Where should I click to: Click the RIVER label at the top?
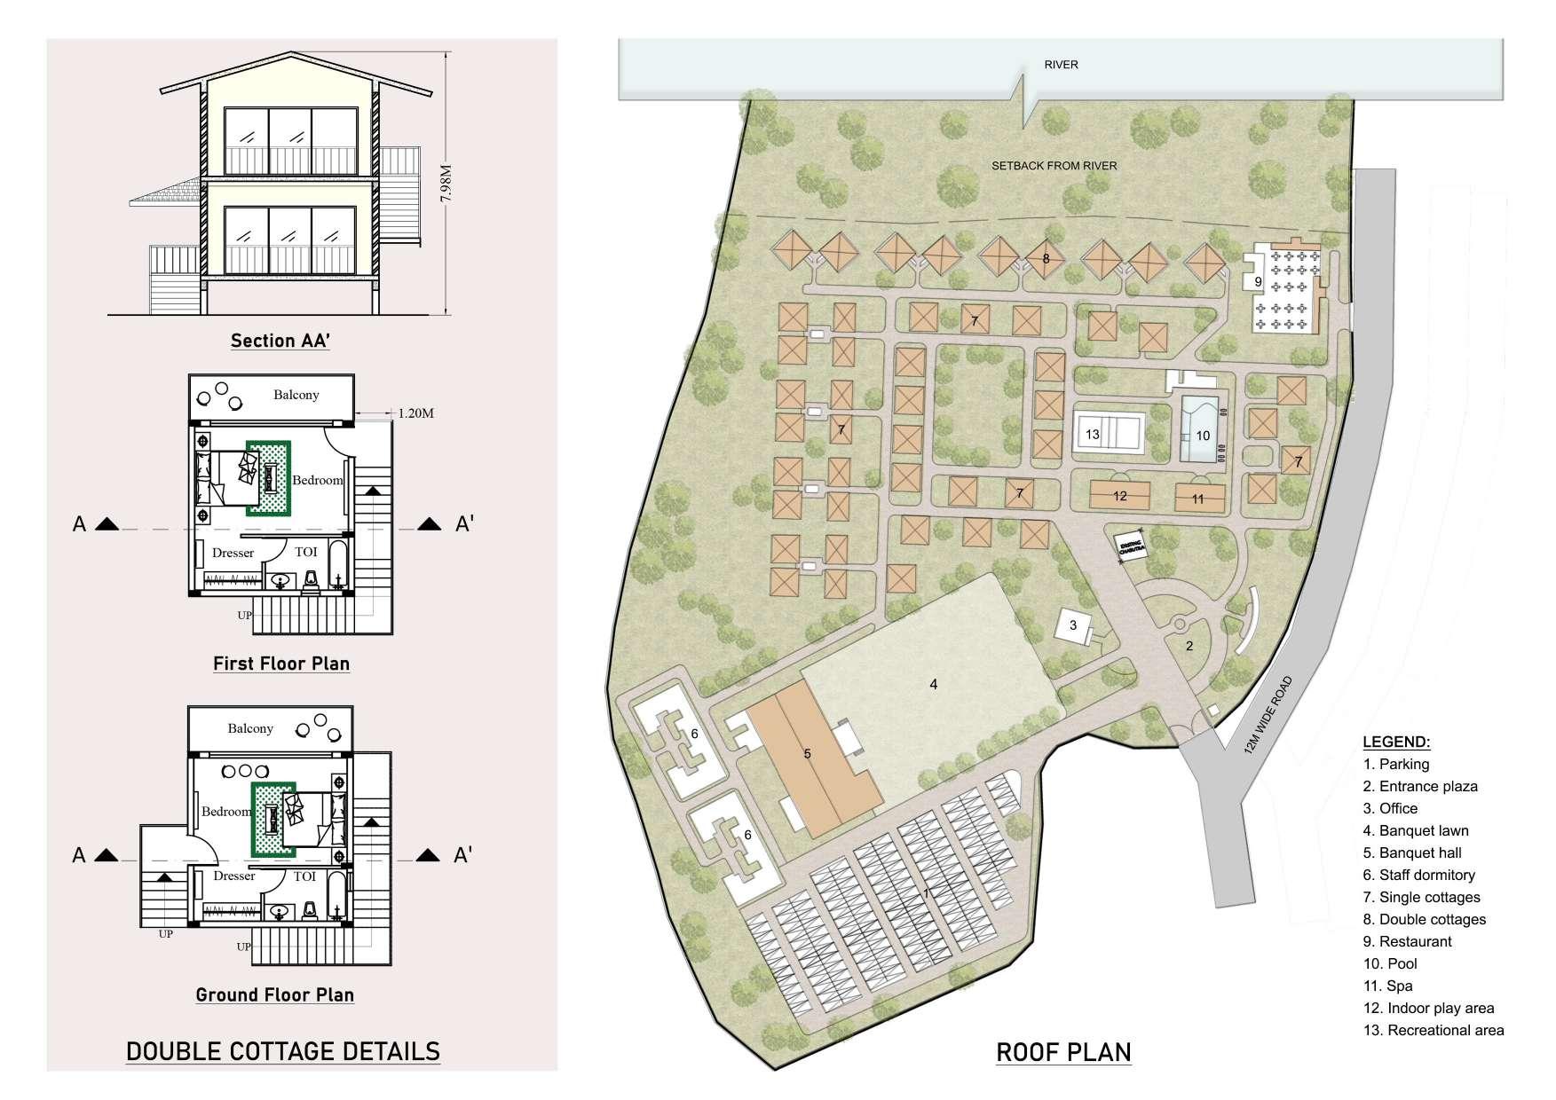pyautogui.click(x=1061, y=65)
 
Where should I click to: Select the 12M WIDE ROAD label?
pyautogui.click(x=1268, y=716)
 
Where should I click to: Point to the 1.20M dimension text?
pyautogui.click(x=415, y=412)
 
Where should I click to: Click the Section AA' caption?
pyautogui.click(x=280, y=341)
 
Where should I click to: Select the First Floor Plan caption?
pyautogui.click(x=281, y=664)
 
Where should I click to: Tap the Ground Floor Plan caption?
pyautogui.click(x=274, y=994)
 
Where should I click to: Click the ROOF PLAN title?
pyautogui.click(x=1063, y=1052)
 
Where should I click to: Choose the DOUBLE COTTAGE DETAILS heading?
pyautogui.click(x=282, y=1051)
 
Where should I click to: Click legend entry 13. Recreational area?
pyautogui.click(x=1434, y=1030)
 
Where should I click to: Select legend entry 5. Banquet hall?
pyautogui.click(x=1411, y=852)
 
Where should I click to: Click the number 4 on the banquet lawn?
pyautogui.click(x=934, y=684)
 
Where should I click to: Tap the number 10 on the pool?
pyautogui.click(x=1203, y=436)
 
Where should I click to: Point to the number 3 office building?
pyautogui.click(x=1073, y=625)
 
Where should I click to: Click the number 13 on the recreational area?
pyautogui.click(x=1092, y=435)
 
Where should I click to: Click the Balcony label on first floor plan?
pyautogui.click(x=296, y=395)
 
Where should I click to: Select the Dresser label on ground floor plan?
pyautogui.click(x=234, y=876)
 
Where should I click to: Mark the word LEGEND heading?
pyautogui.click(x=1395, y=742)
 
